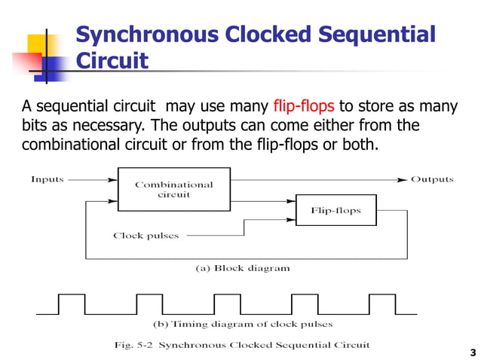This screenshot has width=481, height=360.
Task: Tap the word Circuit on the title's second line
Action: click(112, 61)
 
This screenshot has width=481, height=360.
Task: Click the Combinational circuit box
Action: click(173, 189)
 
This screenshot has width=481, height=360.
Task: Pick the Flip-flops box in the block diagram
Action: click(335, 211)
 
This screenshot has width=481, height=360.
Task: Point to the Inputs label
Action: click(47, 179)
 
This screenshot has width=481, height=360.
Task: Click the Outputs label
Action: click(431, 179)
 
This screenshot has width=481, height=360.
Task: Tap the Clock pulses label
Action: click(146, 236)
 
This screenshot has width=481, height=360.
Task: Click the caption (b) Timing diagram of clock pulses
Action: click(242, 325)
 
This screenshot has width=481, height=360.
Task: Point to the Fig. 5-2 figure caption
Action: click(242, 345)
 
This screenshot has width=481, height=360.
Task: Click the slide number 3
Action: click(472, 352)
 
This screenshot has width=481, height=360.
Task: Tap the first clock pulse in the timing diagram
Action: click(72, 304)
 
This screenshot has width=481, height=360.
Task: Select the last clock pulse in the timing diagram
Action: click(381, 304)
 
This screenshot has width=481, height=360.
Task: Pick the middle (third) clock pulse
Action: click(227, 304)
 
